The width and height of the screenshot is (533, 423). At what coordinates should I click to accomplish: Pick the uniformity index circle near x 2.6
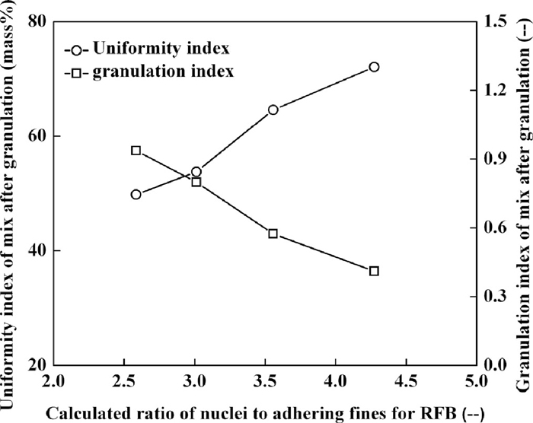tap(136, 194)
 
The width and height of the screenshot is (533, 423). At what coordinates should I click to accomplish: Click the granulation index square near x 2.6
tap(136, 151)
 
